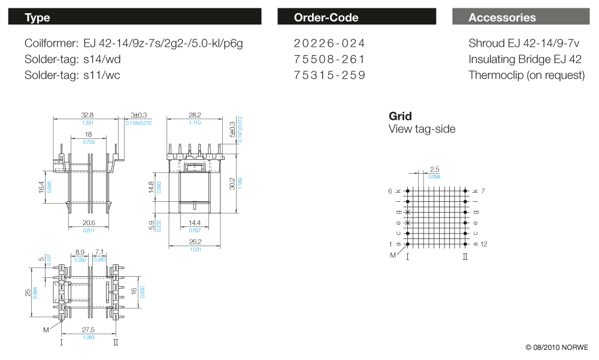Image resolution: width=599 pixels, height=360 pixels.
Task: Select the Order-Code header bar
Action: pyautogui.click(x=356, y=17)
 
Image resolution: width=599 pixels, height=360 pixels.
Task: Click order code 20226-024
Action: pyautogui.click(x=329, y=43)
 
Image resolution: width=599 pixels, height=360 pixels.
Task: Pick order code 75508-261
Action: pyautogui.click(x=329, y=59)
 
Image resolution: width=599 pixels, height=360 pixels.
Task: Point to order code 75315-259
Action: pyautogui.click(x=329, y=75)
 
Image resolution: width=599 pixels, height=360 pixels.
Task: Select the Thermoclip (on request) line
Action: pyautogui.click(x=527, y=75)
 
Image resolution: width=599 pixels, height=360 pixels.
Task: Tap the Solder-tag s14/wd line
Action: pyautogui.click(x=72, y=59)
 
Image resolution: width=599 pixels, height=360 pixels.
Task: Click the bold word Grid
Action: pyautogui.click(x=400, y=116)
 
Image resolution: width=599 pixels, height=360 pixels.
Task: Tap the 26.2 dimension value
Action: pyautogui.click(x=195, y=243)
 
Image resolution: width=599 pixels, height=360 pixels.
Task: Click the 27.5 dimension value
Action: pyautogui.click(x=88, y=329)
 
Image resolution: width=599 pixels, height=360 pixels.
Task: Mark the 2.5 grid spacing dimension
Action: pyautogui.click(x=435, y=170)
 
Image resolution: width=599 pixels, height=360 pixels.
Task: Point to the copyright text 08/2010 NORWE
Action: pyautogui.click(x=557, y=347)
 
